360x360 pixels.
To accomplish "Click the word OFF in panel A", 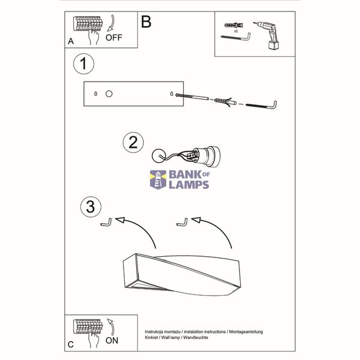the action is tap(114, 37).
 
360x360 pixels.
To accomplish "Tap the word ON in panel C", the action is tap(112, 340).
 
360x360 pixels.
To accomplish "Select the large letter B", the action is tap(146, 22).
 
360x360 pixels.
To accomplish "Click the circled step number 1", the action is tap(83, 64).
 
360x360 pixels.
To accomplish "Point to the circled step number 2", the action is tap(133, 142).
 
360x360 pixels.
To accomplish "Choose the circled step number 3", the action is tap(91, 206).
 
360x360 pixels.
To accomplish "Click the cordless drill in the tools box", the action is tap(269, 35).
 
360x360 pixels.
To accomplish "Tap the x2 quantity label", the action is tap(236, 31).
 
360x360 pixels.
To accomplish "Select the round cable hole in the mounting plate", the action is tap(109, 94).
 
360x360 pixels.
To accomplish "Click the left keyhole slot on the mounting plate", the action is tap(96, 94).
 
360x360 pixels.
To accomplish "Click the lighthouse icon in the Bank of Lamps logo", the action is tap(158, 179).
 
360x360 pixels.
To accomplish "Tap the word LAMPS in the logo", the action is tap(189, 185).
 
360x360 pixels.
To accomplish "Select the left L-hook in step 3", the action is tap(107, 223).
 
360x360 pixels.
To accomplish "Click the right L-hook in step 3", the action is tap(182, 223).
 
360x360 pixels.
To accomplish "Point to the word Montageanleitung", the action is tap(246, 332).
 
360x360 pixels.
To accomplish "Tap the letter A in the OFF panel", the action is tap(71, 41).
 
